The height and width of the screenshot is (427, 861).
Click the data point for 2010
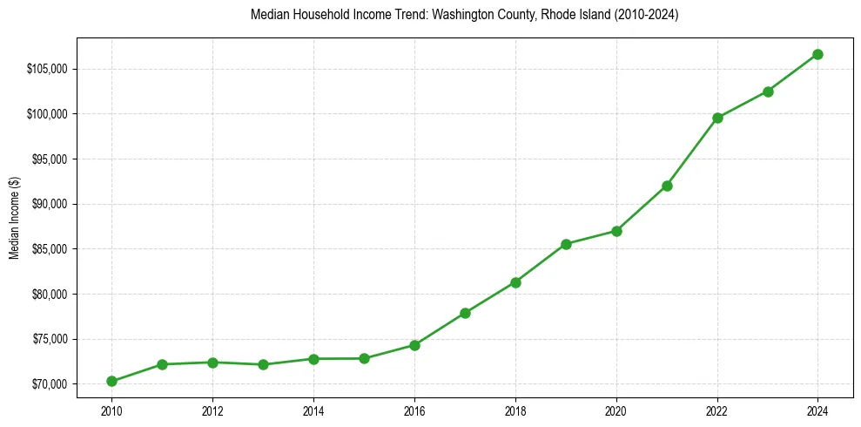pyautogui.click(x=111, y=381)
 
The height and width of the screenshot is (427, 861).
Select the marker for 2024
pyautogui.click(x=818, y=54)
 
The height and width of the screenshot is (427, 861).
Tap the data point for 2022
pyautogui.click(x=717, y=118)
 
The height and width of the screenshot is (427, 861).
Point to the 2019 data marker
pyautogui.click(x=566, y=244)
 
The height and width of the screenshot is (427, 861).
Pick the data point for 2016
pyautogui.click(x=414, y=345)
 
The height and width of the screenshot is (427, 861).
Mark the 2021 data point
pyautogui.click(x=667, y=186)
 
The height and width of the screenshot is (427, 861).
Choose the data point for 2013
pyautogui.click(x=263, y=364)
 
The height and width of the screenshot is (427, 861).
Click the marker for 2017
pyautogui.click(x=465, y=313)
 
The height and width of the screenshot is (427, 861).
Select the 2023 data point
pyautogui.click(x=768, y=91)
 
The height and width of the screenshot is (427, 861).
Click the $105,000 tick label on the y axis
pyautogui.click(x=47, y=69)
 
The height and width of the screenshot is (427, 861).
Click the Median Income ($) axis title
pyautogui.click(x=14, y=227)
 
